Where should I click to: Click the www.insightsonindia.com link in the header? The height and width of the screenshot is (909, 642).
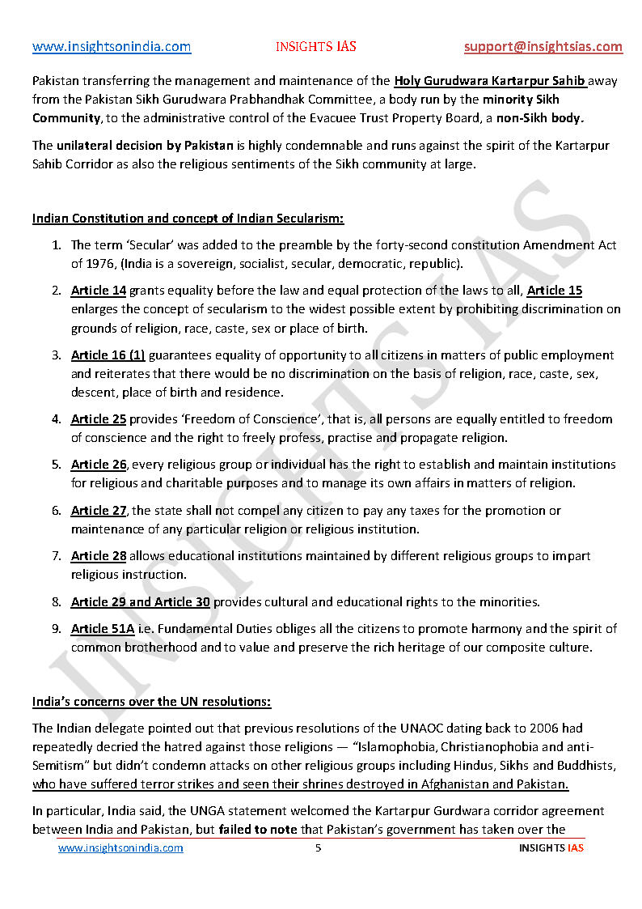[112, 47]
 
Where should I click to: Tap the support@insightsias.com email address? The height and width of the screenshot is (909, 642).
[543, 47]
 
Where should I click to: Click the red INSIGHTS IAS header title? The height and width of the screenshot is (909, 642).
[315, 47]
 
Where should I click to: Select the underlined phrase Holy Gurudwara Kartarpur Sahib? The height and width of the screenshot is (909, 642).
[490, 81]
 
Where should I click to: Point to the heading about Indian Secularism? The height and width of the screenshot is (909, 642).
[188, 219]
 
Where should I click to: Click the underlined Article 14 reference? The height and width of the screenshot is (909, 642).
[99, 290]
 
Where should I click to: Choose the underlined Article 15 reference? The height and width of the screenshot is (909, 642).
[555, 290]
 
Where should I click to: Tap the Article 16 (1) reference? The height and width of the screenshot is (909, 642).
[108, 355]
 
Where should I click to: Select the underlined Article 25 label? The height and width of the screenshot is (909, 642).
[99, 419]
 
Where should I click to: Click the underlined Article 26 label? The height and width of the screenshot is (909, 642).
[99, 465]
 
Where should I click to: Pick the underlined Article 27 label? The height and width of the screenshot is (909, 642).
[99, 510]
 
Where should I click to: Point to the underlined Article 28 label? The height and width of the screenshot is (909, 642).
[99, 555]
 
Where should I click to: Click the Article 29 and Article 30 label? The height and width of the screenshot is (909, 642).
[141, 601]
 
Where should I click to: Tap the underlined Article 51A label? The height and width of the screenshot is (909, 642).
[103, 629]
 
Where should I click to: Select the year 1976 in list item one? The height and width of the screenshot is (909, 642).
[103, 264]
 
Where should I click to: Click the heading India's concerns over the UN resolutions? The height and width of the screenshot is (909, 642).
[152, 701]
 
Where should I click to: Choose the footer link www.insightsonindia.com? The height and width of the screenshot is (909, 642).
[120, 847]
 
